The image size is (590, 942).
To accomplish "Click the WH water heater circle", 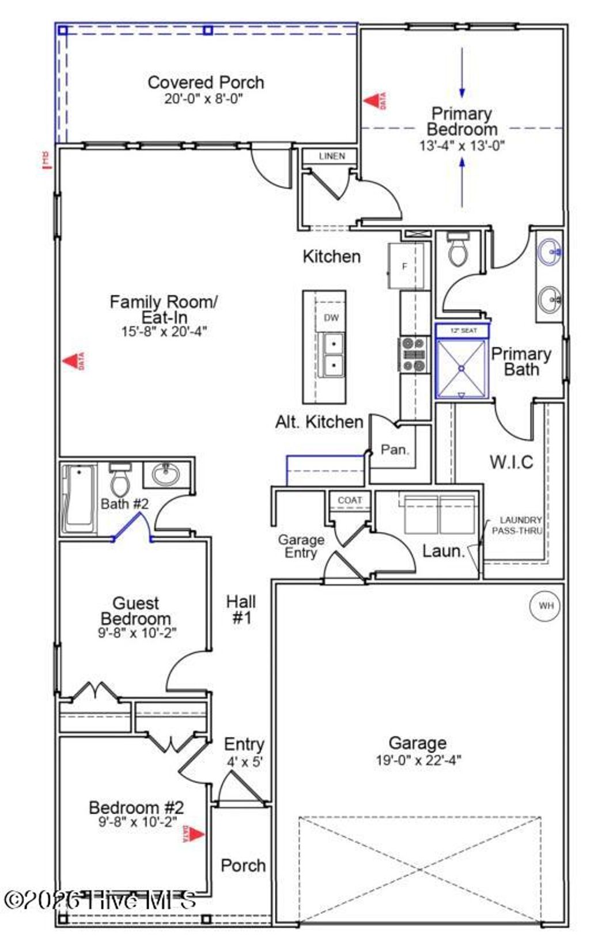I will click(x=545, y=605).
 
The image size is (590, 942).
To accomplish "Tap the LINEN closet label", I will click(x=332, y=156).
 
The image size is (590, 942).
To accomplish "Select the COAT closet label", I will click(x=350, y=500).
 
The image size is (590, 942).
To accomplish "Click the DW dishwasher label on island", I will click(x=331, y=318).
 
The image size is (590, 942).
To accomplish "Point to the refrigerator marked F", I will click(x=406, y=266).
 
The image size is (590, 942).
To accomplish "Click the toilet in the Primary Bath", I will click(x=459, y=250).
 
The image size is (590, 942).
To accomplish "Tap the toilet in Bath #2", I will click(x=120, y=481).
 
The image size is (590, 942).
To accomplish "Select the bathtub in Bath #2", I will click(x=80, y=497).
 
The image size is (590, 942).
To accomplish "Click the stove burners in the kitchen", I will click(x=414, y=355).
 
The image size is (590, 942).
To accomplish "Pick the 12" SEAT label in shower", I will click(x=463, y=331).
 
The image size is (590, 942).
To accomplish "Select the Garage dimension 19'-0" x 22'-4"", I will click(x=418, y=760).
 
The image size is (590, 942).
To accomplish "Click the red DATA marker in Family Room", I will click(x=73, y=362).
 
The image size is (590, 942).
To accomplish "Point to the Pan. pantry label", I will click(x=395, y=449).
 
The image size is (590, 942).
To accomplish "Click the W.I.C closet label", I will click(x=511, y=462).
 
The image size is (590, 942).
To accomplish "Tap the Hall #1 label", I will click(x=241, y=610).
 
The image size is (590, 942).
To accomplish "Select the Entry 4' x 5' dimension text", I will click(x=244, y=762).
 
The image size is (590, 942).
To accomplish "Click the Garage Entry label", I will click(x=300, y=546).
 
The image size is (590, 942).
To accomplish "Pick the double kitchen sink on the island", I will click(x=332, y=354).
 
